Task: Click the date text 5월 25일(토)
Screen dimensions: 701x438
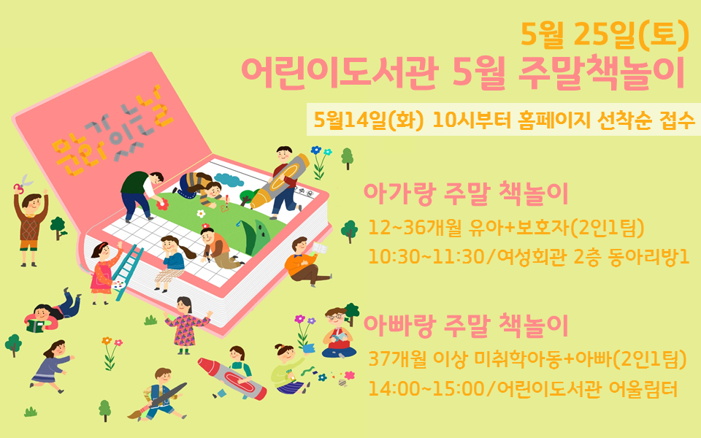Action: (605, 34)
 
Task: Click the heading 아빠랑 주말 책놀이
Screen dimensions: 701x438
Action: (465, 326)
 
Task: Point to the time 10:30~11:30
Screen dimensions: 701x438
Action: (425, 256)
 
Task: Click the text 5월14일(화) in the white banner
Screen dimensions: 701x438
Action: (368, 119)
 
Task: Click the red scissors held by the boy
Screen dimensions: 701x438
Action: (23, 183)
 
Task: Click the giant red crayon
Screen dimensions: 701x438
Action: (232, 378)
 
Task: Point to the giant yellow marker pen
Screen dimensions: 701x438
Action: (280, 180)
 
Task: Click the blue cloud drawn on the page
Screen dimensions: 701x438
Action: (229, 180)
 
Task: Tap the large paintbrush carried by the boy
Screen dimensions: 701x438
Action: (157, 400)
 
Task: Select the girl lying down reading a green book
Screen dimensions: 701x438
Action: (53, 311)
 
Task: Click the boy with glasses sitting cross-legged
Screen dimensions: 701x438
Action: (339, 333)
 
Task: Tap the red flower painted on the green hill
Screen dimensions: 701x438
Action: (162, 204)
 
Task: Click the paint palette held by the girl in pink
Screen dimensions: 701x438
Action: (118, 285)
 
